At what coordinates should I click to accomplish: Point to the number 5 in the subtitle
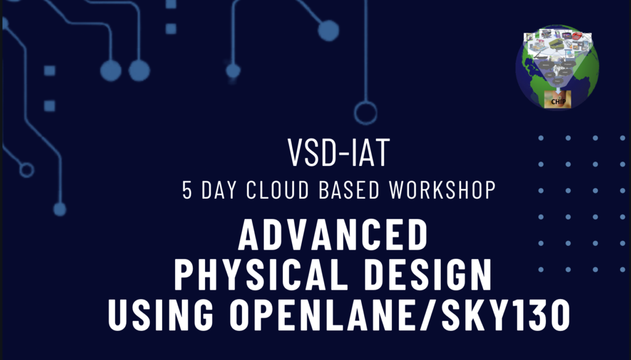187,190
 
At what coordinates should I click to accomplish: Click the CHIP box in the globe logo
557,99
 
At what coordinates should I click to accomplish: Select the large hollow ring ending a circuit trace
365,113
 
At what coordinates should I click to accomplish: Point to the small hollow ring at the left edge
26,170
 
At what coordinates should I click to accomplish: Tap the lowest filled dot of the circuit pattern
60,209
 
